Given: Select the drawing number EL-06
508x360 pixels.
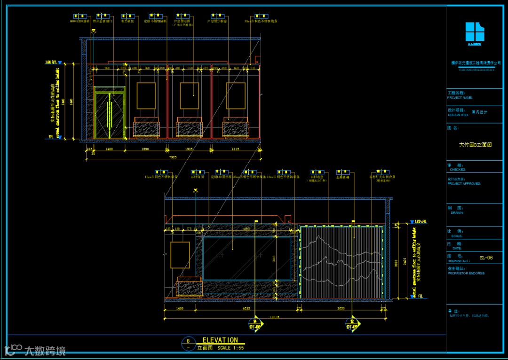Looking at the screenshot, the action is point(486,258).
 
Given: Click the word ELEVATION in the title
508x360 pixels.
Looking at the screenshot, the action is point(220,340).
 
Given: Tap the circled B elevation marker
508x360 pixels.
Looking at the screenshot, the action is point(188,341).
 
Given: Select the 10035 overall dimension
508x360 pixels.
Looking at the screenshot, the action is point(274,317).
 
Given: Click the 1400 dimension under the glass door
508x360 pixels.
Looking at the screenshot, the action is point(109,149).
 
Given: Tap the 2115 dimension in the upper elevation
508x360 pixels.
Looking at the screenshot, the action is point(235,149).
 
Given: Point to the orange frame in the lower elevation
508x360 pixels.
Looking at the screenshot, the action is point(180,255).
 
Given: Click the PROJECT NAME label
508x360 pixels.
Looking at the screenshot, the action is point(460,98).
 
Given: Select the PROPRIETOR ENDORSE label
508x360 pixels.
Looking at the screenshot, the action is point(466,273).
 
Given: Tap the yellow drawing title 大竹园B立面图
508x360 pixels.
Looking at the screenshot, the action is point(475,145).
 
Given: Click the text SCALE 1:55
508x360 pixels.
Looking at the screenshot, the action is point(231,348).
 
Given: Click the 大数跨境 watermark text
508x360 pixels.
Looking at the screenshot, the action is point(45,351).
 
